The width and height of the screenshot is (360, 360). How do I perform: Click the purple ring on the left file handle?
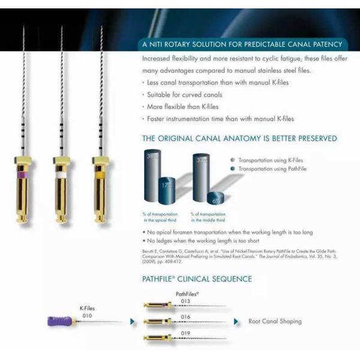point(22,175)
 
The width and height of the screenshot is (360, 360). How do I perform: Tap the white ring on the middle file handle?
point(61,175)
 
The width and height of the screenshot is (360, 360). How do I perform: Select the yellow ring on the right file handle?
point(100,175)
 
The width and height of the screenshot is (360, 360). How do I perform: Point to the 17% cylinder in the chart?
point(166,190)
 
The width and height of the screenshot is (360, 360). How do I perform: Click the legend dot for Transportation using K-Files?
point(232,161)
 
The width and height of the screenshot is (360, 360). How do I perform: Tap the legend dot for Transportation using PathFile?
point(232,169)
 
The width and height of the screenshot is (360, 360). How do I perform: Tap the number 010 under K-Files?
point(88,314)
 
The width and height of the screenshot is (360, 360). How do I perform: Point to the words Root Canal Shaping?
point(275,322)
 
